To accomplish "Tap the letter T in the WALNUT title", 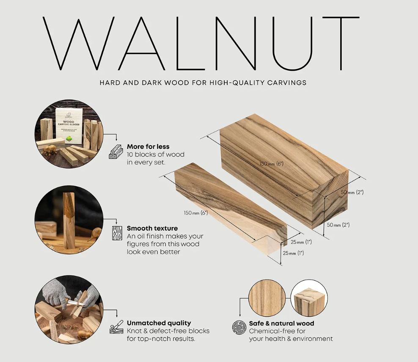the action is click(x=341, y=43).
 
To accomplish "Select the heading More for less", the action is click(x=148, y=146).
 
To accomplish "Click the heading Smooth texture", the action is click(x=152, y=228).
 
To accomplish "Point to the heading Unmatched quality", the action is click(x=159, y=323).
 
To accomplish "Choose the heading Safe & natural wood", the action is click(x=281, y=323).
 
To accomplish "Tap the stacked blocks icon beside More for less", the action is click(x=116, y=152).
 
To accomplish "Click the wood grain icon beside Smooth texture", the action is click(x=117, y=233).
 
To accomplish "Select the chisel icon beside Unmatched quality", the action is click(x=116, y=327).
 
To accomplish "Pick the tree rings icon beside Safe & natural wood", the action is click(x=239, y=328).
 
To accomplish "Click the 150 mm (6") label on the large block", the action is click(x=271, y=164).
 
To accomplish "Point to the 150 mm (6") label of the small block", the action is click(x=195, y=213).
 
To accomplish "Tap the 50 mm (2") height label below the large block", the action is click(x=338, y=225).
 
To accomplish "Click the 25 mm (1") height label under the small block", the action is click(x=293, y=253).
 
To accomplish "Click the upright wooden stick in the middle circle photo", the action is click(x=69, y=220).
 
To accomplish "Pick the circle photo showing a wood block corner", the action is click(x=309, y=298).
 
